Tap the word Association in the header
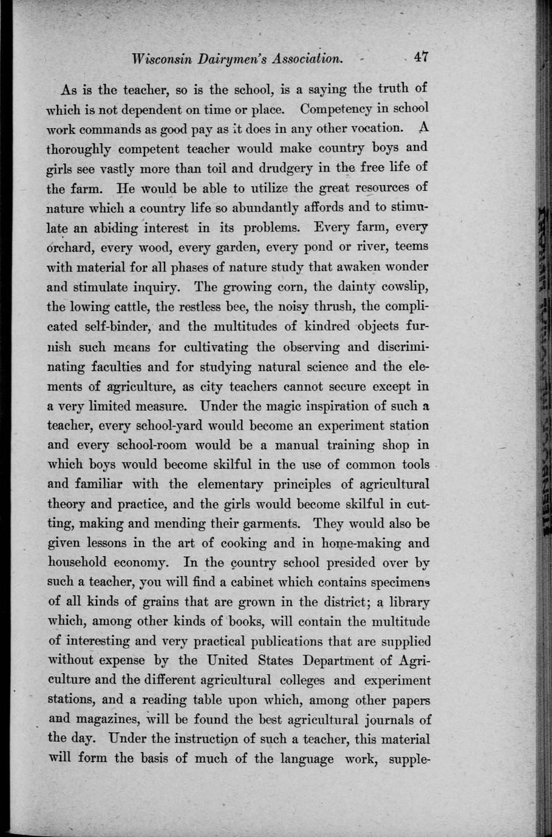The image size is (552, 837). [308, 59]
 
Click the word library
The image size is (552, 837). [408, 602]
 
